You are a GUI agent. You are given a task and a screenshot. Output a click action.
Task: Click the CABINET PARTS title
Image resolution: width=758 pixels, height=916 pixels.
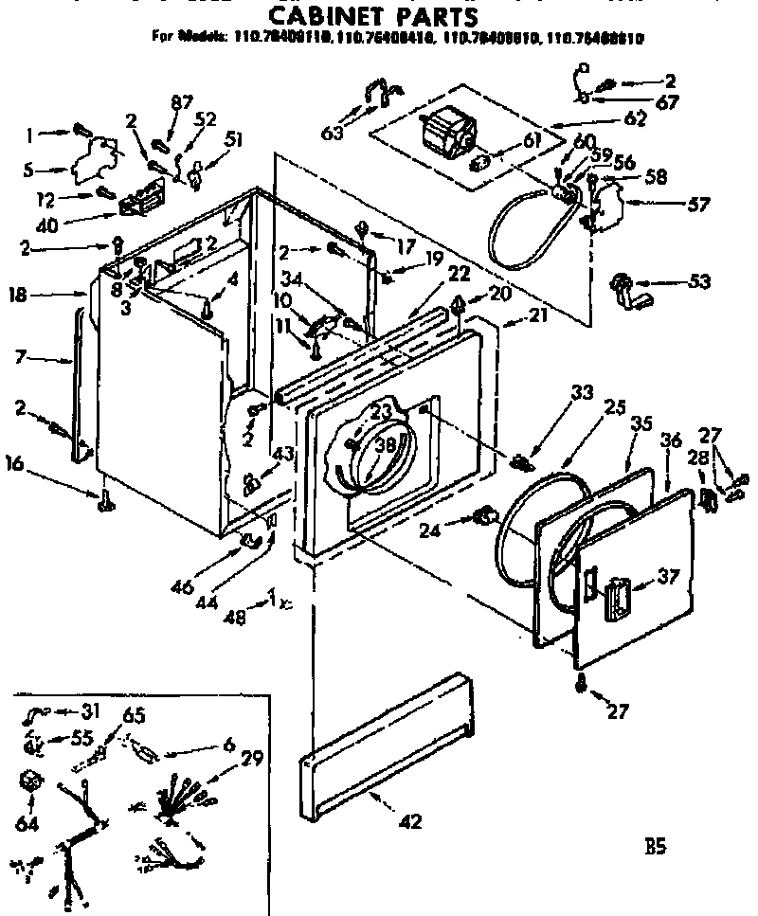pos(369,17)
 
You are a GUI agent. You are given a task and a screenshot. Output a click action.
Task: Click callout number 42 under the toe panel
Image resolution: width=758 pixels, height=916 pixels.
pos(410,821)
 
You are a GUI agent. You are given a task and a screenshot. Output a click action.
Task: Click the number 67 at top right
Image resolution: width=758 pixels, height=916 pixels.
pos(667,102)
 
